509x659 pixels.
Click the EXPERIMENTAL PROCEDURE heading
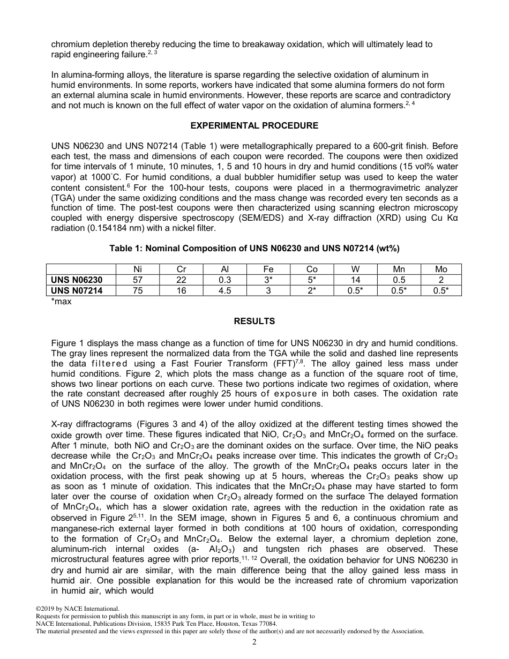coord(254,125)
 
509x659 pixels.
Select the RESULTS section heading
coord(254,321)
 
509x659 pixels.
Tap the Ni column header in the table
coord(138,269)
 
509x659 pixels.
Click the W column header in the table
coord(355,269)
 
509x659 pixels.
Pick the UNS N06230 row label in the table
coord(77,280)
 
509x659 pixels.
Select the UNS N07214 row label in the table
coord(77,290)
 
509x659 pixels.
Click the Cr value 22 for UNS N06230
coord(181,280)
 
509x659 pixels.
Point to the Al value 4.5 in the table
coord(225,290)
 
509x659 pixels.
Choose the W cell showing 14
coord(355,280)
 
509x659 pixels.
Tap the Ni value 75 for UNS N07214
coord(138,290)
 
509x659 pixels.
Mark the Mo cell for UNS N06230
coord(441,280)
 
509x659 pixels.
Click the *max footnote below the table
coord(61,301)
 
